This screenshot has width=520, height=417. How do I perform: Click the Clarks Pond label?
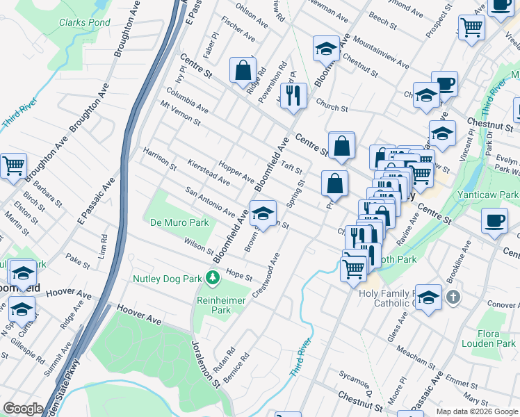pos(84,22)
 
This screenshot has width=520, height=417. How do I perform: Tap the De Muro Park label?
pos(179,223)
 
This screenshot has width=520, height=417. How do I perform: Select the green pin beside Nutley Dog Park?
pos(212,279)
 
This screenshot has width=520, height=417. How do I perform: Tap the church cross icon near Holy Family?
pos(453,298)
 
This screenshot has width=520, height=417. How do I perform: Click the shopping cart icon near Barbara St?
pos(13,166)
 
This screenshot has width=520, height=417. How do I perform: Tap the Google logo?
pos(22,409)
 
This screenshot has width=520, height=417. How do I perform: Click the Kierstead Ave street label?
pos(209,172)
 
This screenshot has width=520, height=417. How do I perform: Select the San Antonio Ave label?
pos(209,201)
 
